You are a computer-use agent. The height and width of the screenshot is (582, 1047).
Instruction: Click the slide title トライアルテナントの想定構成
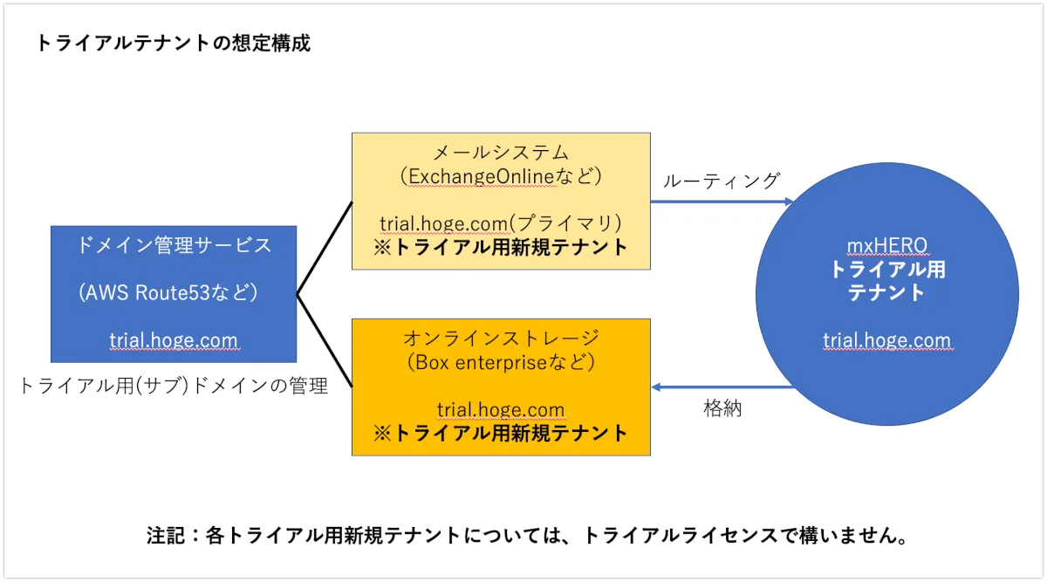[173, 44]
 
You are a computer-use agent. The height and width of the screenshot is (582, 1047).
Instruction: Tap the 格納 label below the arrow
[722, 407]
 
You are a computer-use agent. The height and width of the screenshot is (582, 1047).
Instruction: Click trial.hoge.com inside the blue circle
[886, 340]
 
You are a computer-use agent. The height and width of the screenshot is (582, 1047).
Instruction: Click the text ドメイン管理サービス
[174, 245]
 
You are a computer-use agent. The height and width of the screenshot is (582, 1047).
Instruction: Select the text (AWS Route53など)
[174, 293]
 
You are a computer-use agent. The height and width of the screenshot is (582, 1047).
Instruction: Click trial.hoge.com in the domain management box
[174, 340]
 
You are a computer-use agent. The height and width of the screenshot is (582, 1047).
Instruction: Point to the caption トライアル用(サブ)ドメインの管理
[174, 386]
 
